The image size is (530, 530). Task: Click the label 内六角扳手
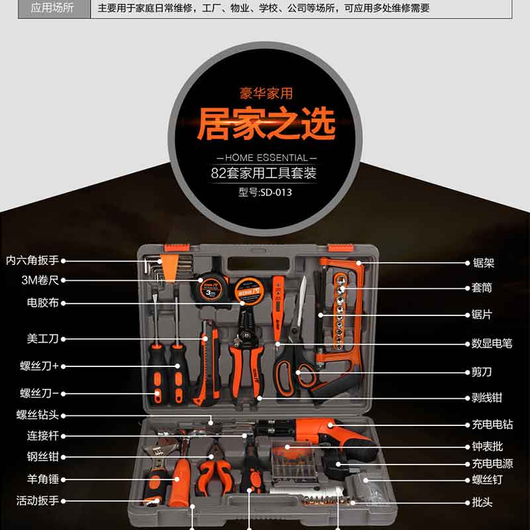(32, 260)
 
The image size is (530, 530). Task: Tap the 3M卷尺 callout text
(40, 280)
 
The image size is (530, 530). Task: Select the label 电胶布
(43, 303)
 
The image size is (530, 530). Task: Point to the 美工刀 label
(43, 339)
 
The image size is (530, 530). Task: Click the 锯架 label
(484, 263)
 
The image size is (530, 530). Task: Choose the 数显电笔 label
(492, 343)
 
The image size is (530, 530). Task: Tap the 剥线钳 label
(487, 398)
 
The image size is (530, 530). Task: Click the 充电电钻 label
(492, 425)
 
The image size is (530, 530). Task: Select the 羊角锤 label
(43, 479)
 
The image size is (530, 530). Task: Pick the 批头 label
(482, 503)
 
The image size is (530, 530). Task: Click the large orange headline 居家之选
(266, 123)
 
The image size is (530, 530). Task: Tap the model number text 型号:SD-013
(265, 192)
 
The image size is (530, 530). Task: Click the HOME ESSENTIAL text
(266, 158)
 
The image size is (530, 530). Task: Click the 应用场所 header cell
(52, 8)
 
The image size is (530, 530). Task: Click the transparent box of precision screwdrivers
(293, 461)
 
